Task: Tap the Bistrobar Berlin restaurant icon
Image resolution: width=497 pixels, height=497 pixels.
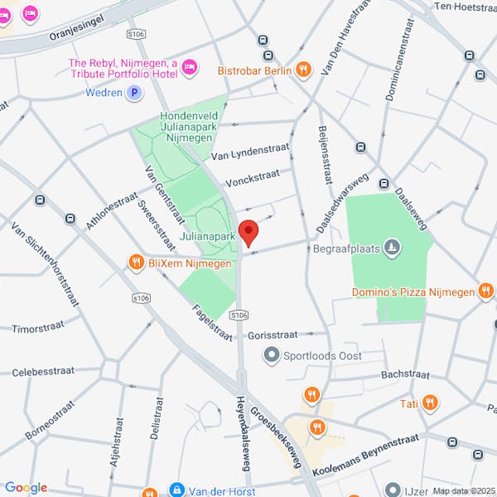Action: pyautogui.click(x=303, y=70)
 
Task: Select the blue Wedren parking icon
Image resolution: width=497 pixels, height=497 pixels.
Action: pyautogui.click(x=133, y=93)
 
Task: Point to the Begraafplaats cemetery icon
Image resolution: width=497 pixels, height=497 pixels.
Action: pyautogui.click(x=393, y=247)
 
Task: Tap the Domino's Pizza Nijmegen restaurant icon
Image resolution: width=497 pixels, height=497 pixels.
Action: pyautogui.click(x=486, y=292)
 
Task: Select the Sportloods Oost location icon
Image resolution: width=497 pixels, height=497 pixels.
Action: pyautogui.click(x=270, y=355)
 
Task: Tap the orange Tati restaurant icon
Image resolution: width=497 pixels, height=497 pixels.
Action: pyautogui.click(x=429, y=403)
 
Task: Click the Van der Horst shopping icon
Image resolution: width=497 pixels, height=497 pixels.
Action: pyautogui.click(x=176, y=490)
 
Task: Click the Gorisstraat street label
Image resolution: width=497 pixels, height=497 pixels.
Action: pyautogui.click(x=273, y=335)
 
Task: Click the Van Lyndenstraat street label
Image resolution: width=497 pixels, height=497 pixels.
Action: pyautogui.click(x=248, y=154)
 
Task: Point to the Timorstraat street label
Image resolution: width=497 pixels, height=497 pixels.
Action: pyautogui.click(x=36, y=328)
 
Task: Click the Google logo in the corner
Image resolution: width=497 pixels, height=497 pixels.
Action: pyautogui.click(x=26, y=487)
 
